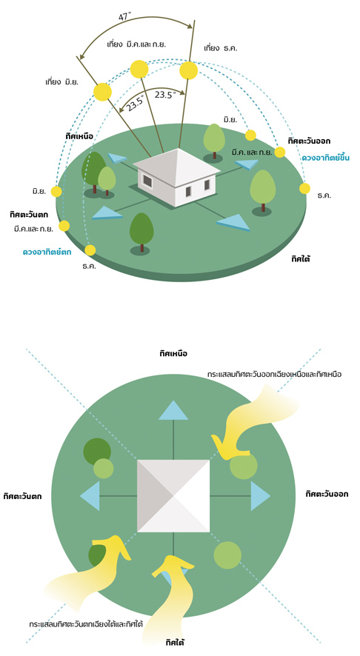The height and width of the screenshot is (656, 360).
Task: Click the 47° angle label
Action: point(124,17)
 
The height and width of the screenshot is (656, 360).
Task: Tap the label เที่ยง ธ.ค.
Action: point(221,49)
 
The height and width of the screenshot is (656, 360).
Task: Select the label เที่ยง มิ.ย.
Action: point(61,81)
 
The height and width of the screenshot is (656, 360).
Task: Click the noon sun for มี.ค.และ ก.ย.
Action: point(139,70)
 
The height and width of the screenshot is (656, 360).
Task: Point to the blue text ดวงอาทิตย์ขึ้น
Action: point(325,158)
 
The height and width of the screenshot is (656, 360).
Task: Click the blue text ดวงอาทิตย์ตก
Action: point(47,252)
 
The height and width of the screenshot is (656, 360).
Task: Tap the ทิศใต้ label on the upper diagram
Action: point(301,259)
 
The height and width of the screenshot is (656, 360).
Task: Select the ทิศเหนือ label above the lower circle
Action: point(173,354)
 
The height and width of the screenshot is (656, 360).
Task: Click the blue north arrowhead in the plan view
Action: point(173,410)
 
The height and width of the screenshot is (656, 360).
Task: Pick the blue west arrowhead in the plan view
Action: point(90,496)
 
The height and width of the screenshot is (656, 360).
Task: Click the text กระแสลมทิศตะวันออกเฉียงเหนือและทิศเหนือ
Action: point(274,374)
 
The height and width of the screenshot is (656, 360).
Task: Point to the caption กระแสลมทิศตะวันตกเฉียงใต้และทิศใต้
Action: point(86,623)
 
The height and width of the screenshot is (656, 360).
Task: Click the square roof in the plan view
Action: point(173,496)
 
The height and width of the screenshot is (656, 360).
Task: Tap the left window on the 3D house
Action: point(147,180)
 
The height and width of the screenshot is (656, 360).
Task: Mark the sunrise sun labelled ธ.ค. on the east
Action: point(304,189)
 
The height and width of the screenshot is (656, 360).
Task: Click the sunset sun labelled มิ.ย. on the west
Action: point(56,192)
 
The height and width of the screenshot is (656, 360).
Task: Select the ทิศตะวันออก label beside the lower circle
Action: point(327,494)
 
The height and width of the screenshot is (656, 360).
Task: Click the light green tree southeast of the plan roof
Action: point(227,555)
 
